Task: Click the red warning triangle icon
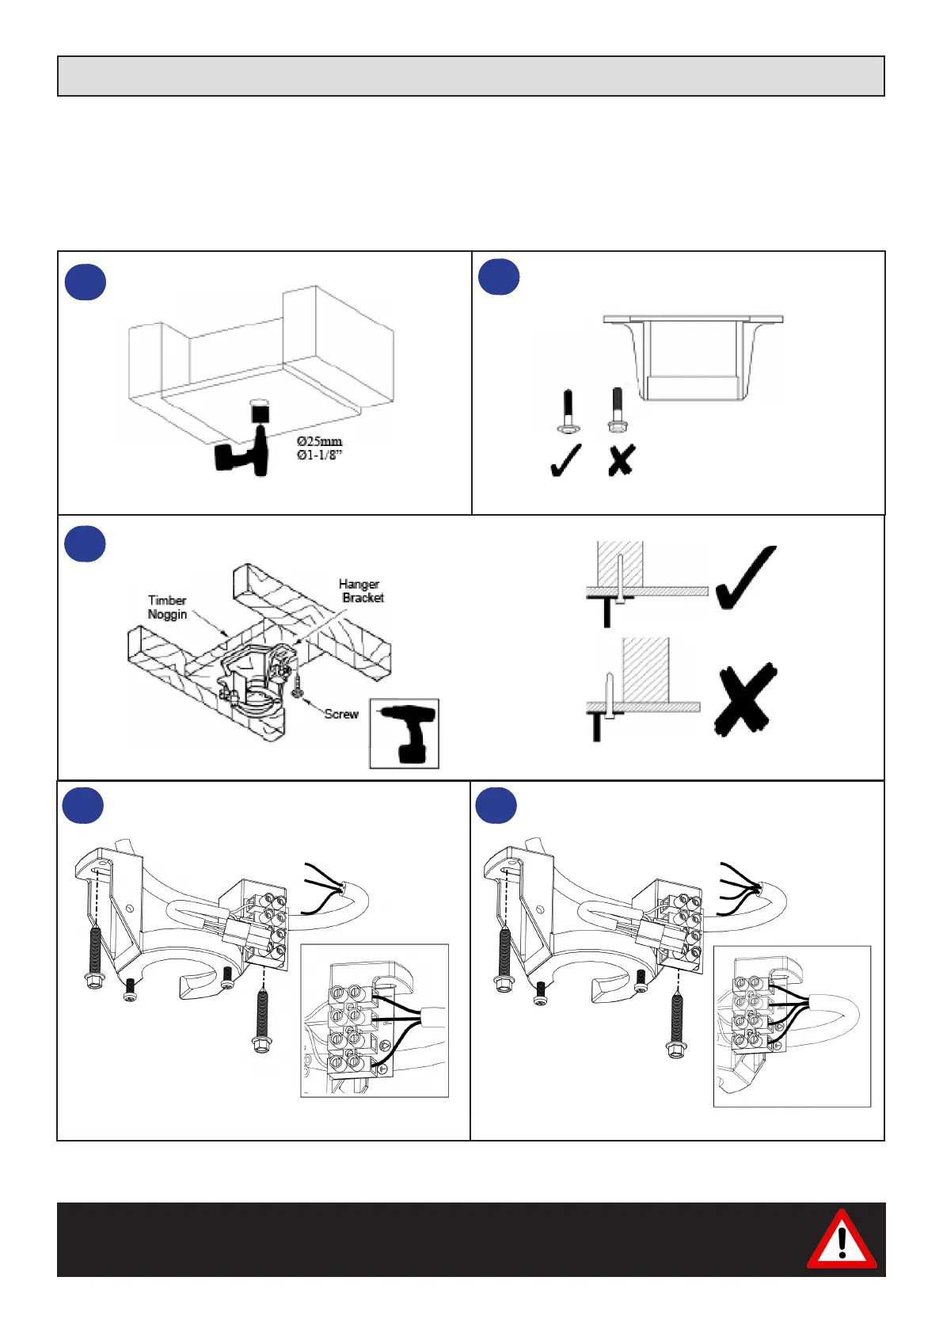point(841,1240)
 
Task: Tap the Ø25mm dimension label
point(319,441)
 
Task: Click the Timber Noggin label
point(167,607)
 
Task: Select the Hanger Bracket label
point(361,591)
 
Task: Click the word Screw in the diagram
point(341,714)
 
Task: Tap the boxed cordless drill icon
point(405,734)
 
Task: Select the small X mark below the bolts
point(622,460)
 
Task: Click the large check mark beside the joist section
point(746,577)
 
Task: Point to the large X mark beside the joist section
point(744,699)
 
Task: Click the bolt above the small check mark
point(568,410)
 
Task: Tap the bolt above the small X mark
point(618,409)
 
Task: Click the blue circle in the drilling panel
point(86,281)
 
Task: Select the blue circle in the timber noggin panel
point(85,544)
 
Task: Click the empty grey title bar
point(470,76)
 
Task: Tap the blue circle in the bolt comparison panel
point(499,277)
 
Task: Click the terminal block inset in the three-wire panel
point(375,1020)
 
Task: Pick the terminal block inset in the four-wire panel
point(792,1026)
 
